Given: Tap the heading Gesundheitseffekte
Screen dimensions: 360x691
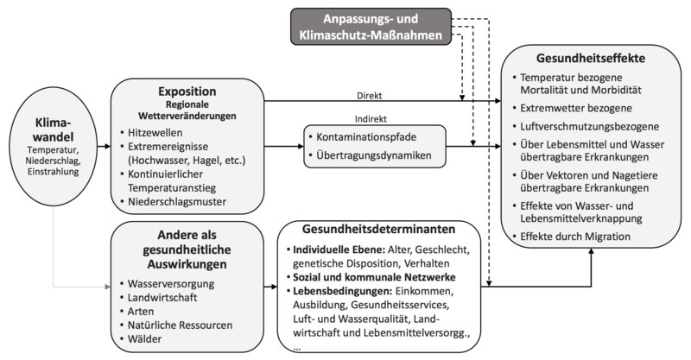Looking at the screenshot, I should point(590,60).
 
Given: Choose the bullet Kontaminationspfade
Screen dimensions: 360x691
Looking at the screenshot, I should point(376,138).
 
